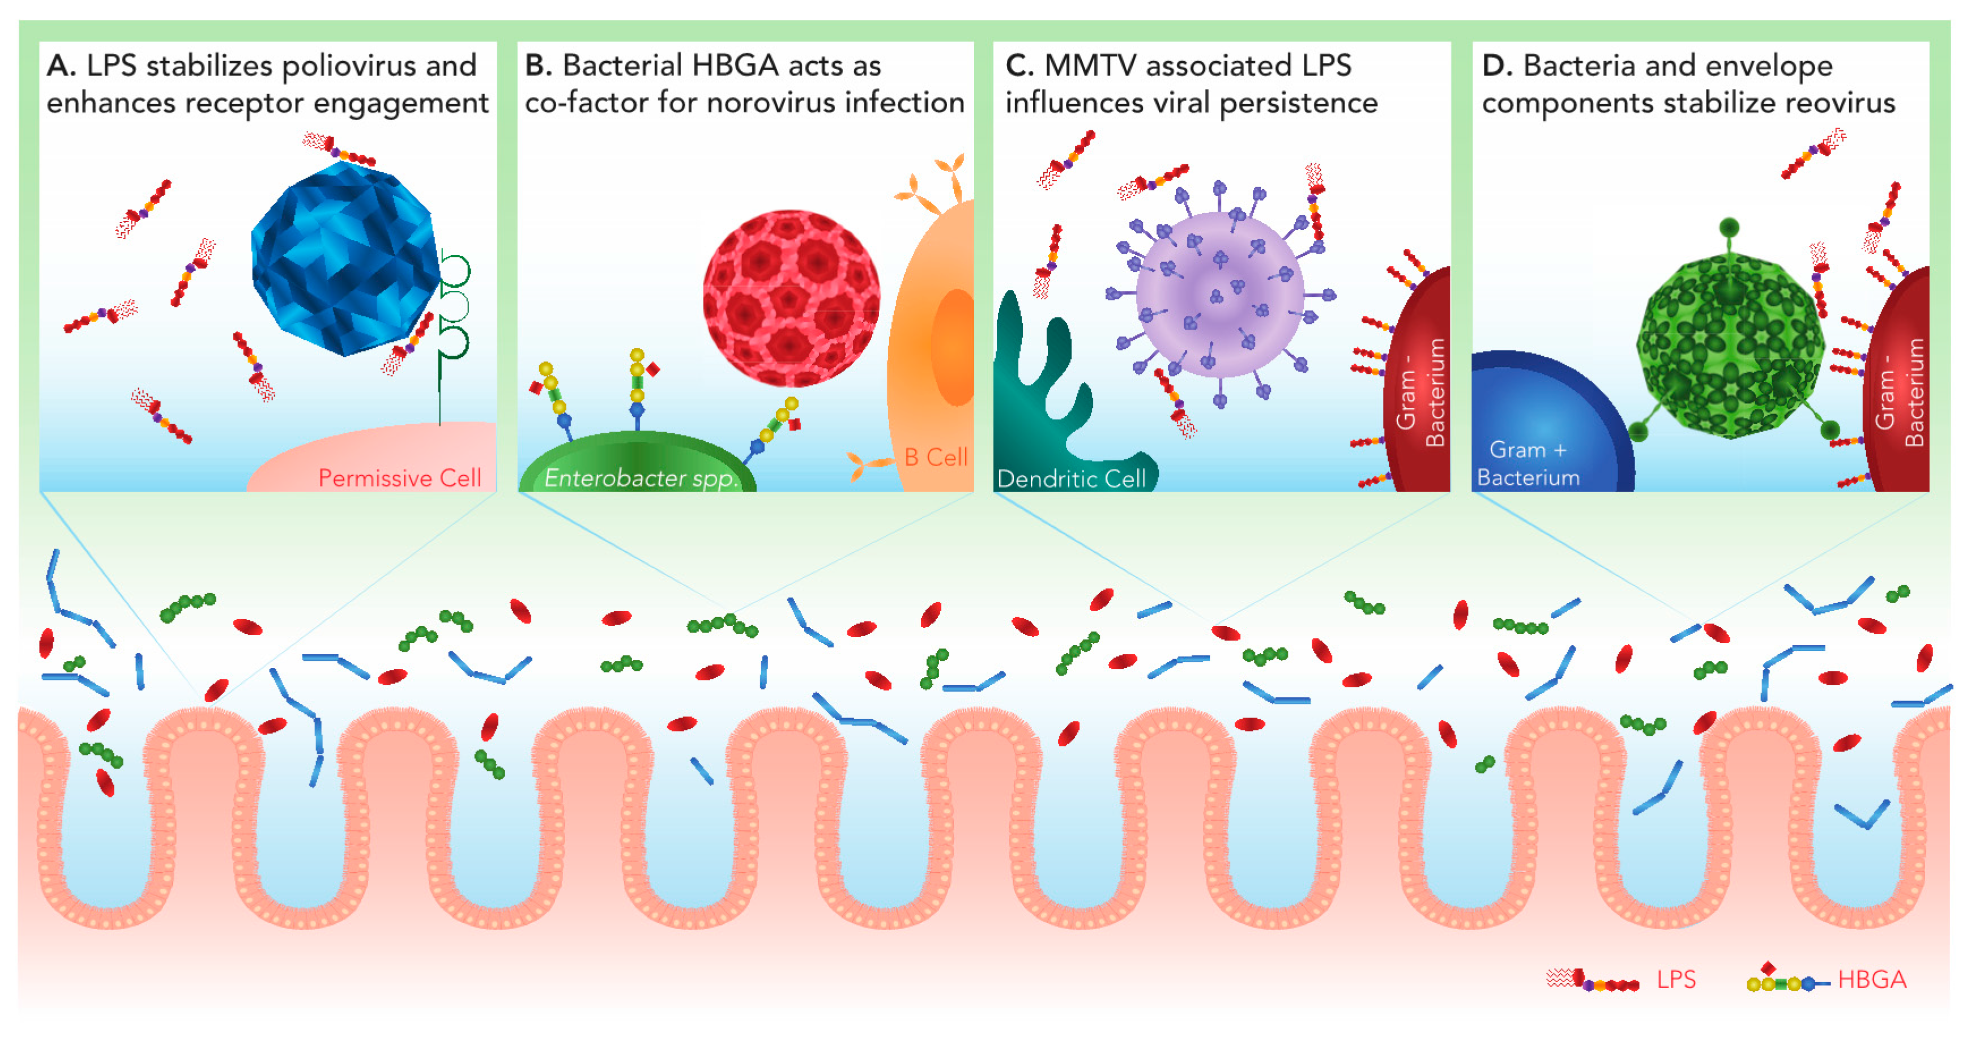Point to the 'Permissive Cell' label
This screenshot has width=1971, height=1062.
399,478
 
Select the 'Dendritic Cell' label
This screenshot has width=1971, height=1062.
1071,479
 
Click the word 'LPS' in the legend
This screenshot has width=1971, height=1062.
1676,979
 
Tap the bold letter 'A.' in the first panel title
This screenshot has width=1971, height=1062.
61,66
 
